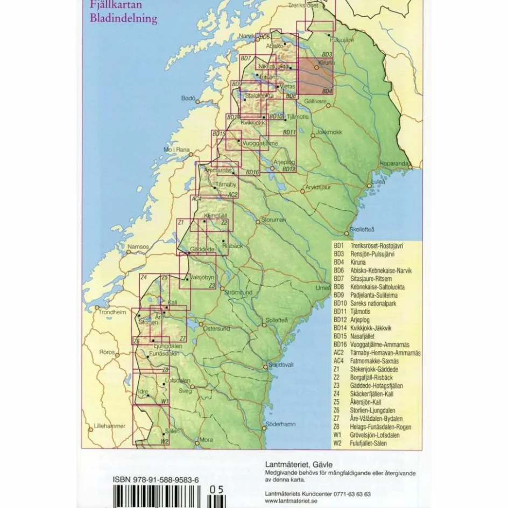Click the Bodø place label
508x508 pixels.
(188, 98)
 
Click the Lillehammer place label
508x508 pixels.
(110, 426)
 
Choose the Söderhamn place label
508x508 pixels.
(281, 424)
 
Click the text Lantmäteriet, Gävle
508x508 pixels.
(299, 464)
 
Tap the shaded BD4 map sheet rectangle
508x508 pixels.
(316, 76)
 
